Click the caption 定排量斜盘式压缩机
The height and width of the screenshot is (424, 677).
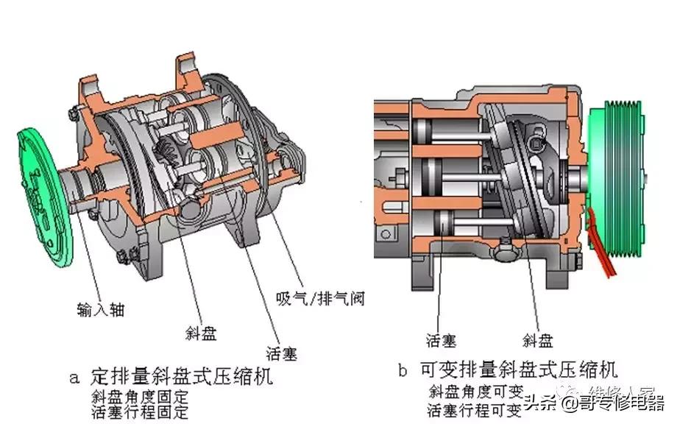(x=181, y=378)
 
